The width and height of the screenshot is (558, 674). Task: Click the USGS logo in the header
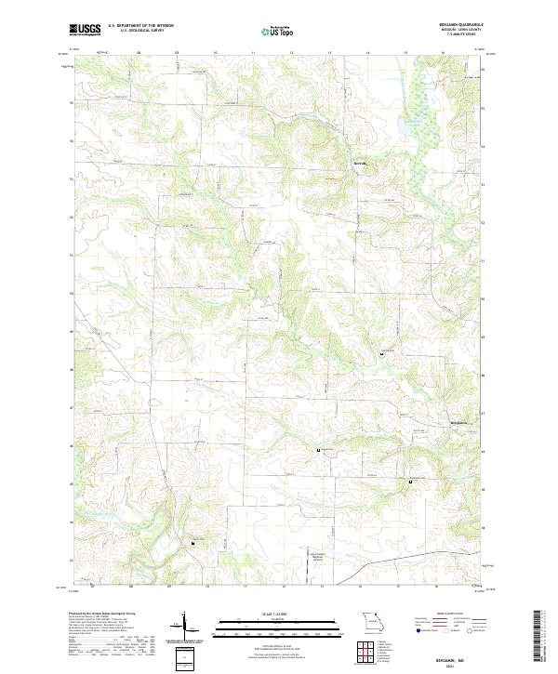(x=85, y=30)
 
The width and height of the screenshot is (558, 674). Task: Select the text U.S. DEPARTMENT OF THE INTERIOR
(x=141, y=25)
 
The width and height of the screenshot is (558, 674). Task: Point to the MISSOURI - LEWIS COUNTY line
(x=471, y=31)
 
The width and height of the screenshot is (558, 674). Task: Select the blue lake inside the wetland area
(x=406, y=119)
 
